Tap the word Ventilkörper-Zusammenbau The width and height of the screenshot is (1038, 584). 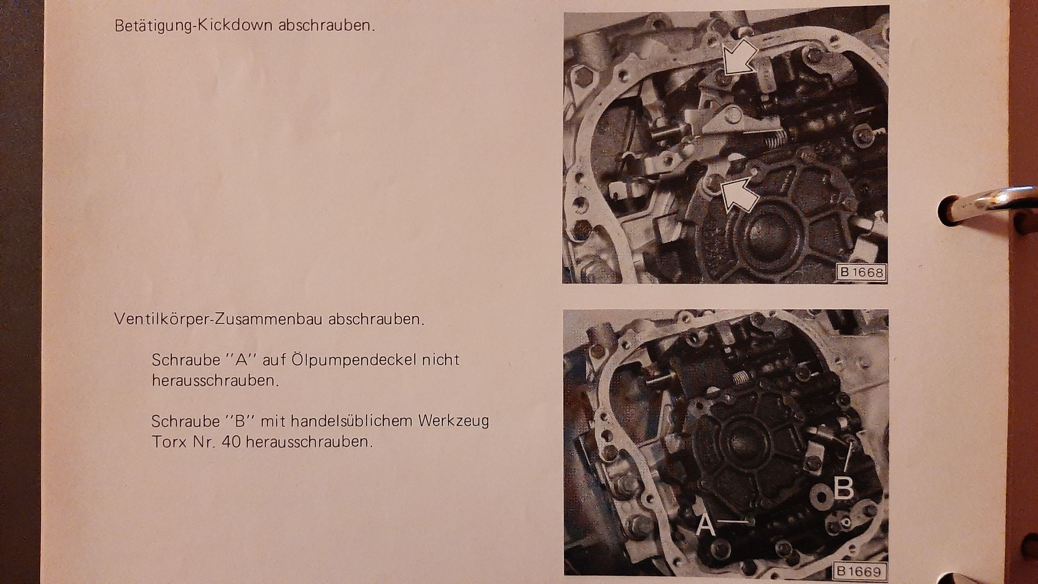tap(218, 319)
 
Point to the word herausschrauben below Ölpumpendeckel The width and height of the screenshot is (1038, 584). tap(215, 380)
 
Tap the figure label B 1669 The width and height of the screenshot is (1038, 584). tap(860, 571)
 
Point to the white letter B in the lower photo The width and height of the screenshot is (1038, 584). tap(843, 488)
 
